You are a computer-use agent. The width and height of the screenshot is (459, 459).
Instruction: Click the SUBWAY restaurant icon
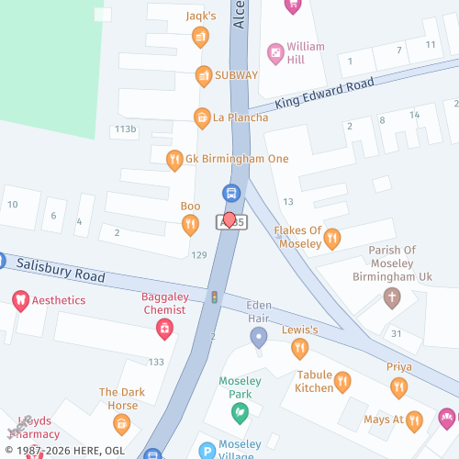click(x=203, y=74)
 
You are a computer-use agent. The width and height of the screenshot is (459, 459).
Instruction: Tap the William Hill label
click(x=305, y=52)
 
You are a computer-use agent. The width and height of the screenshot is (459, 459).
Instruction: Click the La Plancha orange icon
click(x=200, y=118)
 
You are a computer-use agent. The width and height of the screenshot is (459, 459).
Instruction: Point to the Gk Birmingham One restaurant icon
click(x=174, y=160)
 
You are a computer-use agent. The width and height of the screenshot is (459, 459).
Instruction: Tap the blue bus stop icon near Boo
click(x=231, y=193)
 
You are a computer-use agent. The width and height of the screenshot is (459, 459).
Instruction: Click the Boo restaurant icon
click(x=190, y=223)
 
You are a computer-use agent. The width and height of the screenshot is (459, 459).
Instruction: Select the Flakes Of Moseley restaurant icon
click(x=332, y=238)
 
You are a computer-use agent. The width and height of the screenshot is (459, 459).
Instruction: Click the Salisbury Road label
click(x=60, y=270)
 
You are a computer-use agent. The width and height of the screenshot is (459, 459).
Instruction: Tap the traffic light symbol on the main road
click(x=215, y=298)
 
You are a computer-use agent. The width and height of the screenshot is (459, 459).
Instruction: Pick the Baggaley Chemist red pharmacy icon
click(x=164, y=327)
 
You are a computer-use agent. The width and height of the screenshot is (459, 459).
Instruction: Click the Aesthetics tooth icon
click(x=19, y=300)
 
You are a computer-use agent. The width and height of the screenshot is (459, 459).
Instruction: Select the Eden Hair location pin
click(x=259, y=338)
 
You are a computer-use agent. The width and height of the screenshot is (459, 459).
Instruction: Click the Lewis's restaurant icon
click(x=298, y=347)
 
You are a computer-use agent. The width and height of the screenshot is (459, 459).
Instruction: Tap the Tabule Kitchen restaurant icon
click(x=342, y=381)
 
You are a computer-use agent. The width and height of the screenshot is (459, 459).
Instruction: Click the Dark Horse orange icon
click(x=121, y=423)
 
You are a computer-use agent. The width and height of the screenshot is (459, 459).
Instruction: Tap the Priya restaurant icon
click(x=397, y=386)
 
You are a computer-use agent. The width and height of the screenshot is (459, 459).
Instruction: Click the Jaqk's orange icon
click(x=200, y=37)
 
